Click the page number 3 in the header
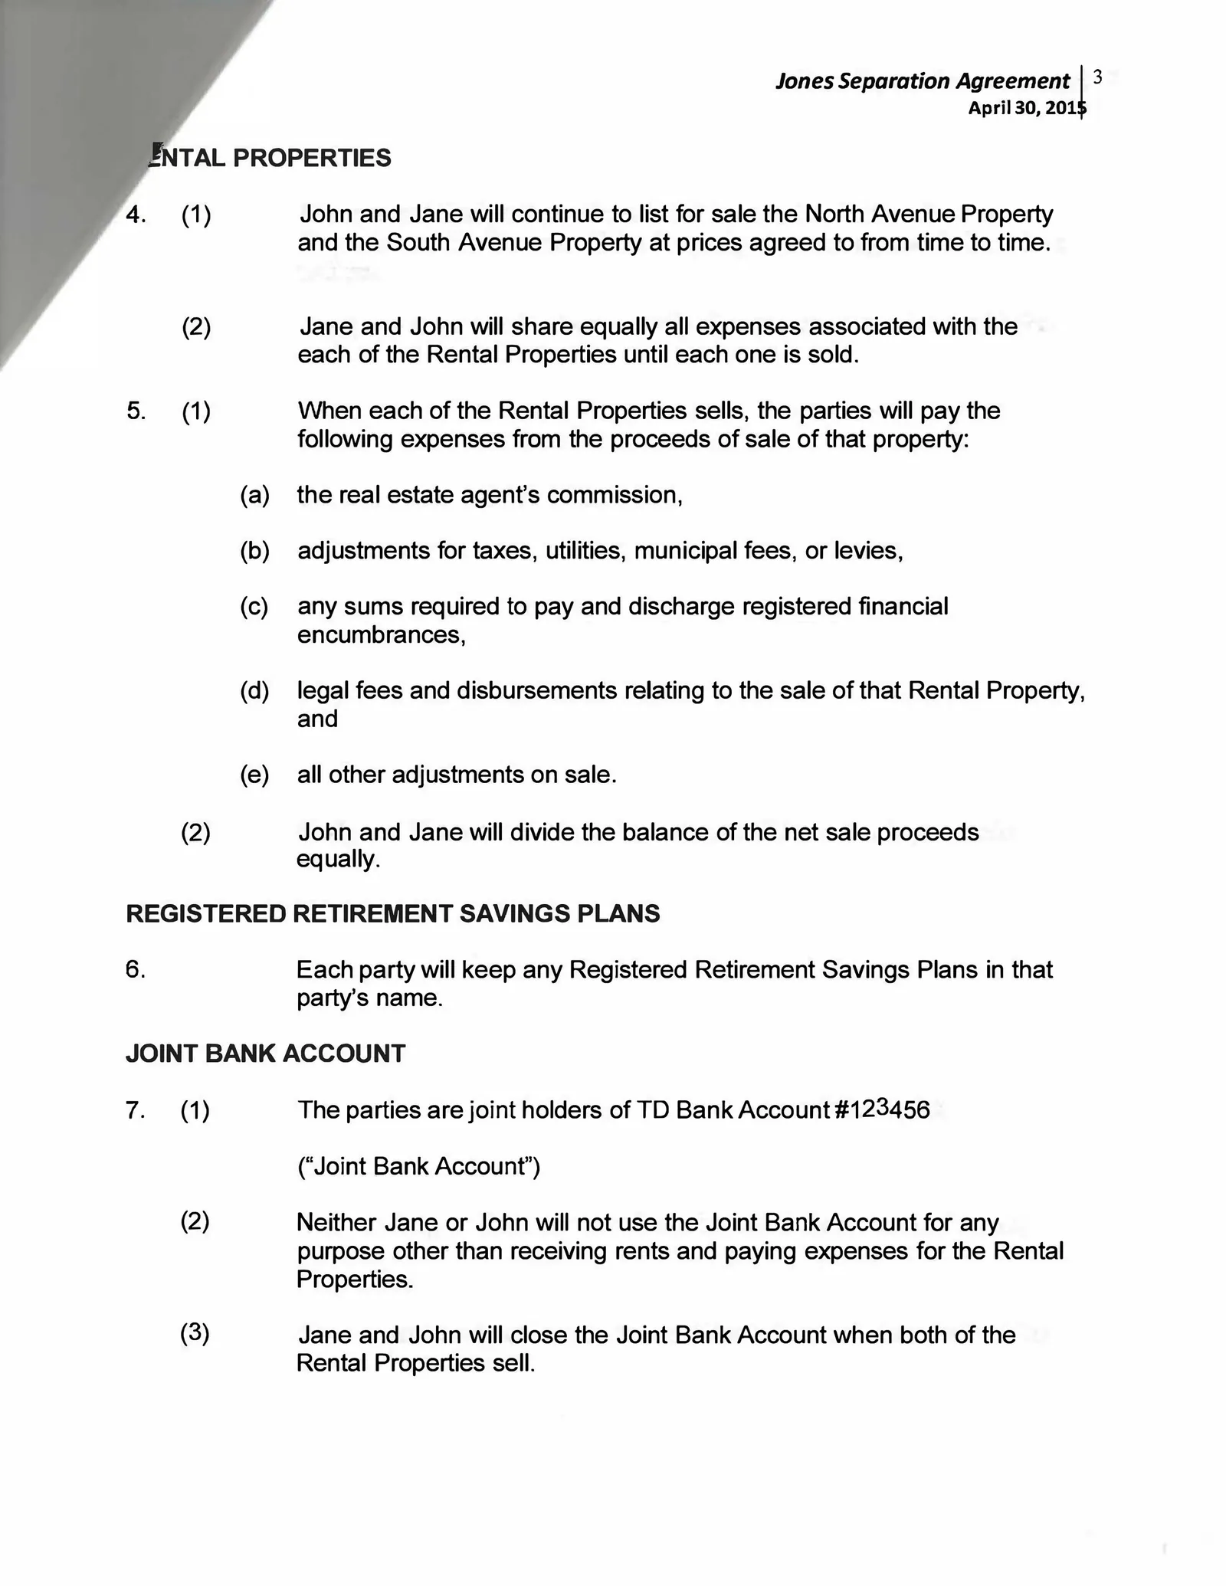pyautogui.click(x=1097, y=77)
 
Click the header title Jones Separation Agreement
pyautogui.click(x=922, y=81)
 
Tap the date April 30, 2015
pyautogui.click(x=1027, y=108)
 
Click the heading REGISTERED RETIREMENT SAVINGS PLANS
pyautogui.click(x=392, y=913)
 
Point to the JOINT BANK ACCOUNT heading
pyautogui.click(x=265, y=1054)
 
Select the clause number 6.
pyautogui.click(x=135, y=970)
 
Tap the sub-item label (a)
pyautogui.click(x=254, y=495)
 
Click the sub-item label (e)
pyautogui.click(x=254, y=775)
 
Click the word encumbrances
pyautogui.click(x=381, y=635)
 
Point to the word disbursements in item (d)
pyautogui.click(x=536, y=690)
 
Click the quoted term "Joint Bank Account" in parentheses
pyautogui.click(x=418, y=1166)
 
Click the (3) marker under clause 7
pyautogui.click(x=195, y=1333)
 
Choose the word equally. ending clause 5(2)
pyautogui.click(x=338, y=860)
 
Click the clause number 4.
pyautogui.click(x=136, y=215)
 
